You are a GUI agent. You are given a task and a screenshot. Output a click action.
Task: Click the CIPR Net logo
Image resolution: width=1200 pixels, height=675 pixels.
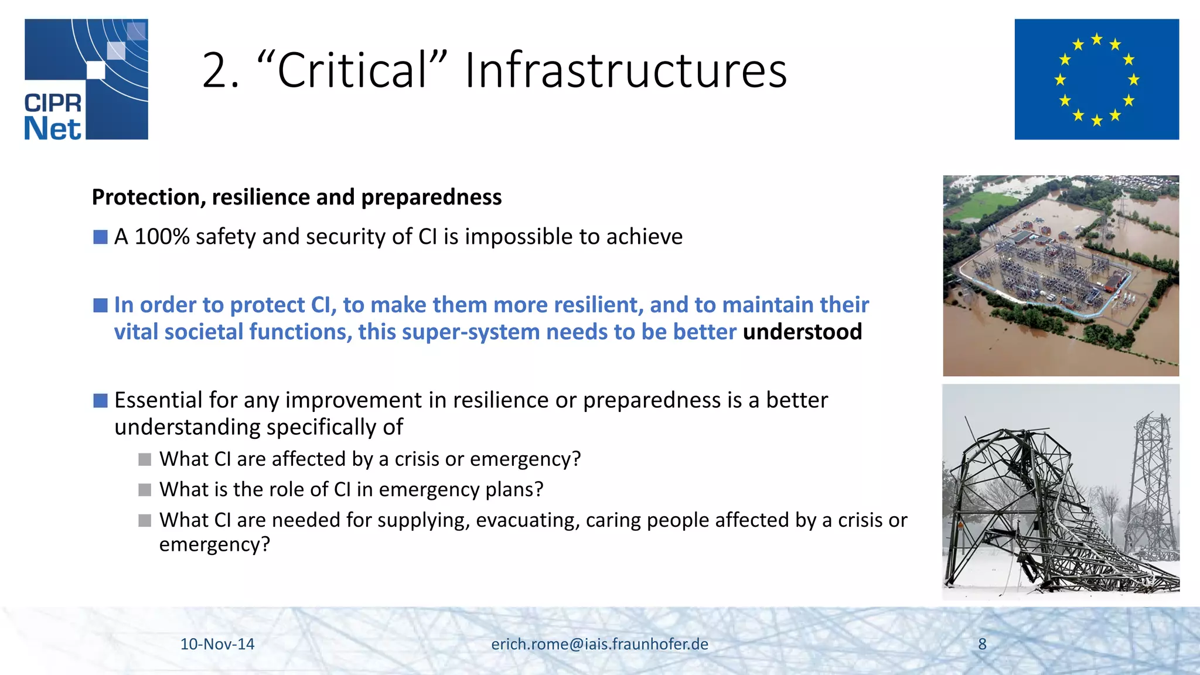(x=86, y=79)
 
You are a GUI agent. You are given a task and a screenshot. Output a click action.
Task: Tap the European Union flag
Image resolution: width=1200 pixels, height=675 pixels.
(x=1096, y=79)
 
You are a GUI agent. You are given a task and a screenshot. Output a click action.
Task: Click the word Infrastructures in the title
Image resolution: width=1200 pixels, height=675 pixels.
(x=625, y=71)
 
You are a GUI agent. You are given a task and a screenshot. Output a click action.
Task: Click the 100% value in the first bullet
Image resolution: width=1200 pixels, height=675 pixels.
(x=162, y=237)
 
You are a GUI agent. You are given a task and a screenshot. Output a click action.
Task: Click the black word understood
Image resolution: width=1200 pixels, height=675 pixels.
(x=802, y=332)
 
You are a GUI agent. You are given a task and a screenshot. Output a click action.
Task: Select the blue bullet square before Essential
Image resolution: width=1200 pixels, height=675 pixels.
(x=100, y=401)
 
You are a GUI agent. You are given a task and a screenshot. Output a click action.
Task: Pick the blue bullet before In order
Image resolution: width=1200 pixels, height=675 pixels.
(x=100, y=305)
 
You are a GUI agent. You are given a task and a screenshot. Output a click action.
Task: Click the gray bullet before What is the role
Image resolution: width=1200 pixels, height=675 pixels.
(x=145, y=490)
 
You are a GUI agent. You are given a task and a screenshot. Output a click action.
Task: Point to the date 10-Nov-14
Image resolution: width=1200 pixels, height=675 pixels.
(x=217, y=644)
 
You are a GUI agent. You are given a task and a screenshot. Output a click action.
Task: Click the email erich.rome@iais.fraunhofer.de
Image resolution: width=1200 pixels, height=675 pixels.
(x=599, y=644)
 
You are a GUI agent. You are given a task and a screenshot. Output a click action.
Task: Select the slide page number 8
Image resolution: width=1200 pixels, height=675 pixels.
(x=982, y=644)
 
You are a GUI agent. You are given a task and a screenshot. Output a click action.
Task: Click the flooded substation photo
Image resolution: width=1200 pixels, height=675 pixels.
(x=1061, y=275)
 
